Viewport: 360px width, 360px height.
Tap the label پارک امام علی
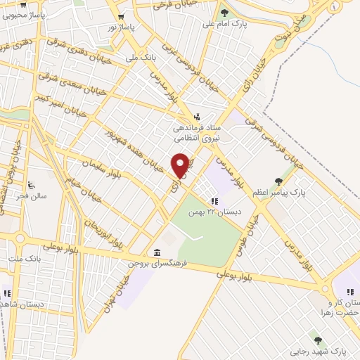click(217, 24)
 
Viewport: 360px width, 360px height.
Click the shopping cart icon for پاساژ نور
click(123, 16)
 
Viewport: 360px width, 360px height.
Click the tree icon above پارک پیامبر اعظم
click(288, 181)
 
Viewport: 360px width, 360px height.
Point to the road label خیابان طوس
click(252, 229)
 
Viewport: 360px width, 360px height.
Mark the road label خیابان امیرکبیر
click(63, 105)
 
